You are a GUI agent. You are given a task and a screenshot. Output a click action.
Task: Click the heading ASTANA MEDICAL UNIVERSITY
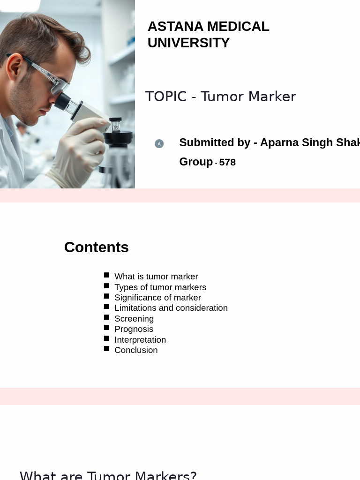pyautogui.click(x=208, y=35)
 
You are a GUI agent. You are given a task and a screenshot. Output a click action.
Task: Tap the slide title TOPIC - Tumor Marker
pyautogui.click(x=220, y=97)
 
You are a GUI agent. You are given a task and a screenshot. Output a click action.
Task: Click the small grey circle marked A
pyautogui.click(x=159, y=144)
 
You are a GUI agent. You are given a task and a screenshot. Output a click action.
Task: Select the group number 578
pyautogui.click(x=227, y=163)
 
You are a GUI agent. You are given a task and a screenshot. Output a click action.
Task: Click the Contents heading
pyautogui.click(x=96, y=247)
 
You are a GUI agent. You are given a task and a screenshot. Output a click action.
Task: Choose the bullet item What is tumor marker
pyautogui.click(x=156, y=277)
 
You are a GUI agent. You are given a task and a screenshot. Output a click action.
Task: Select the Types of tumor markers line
pyautogui.click(x=160, y=287)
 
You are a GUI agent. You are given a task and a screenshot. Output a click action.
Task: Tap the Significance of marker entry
pyautogui.click(x=157, y=298)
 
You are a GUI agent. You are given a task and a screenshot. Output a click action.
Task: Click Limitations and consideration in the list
pyautogui.click(x=171, y=308)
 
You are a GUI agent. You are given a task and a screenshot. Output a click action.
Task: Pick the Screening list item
pyautogui.click(x=134, y=319)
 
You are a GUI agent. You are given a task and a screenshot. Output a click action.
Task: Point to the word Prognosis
pyautogui.click(x=134, y=329)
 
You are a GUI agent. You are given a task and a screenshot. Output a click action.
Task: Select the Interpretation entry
pyautogui.click(x=140, y=340)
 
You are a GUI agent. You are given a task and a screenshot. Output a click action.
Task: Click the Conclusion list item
pyautogui.click(x=136, y=350)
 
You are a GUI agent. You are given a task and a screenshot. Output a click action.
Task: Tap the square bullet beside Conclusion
pyautogui.click(x=106, y=349)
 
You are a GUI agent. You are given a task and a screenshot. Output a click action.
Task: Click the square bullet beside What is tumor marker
pyautogui.click(x=106, y=275)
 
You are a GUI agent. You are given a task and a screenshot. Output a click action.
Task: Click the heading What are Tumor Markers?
pyautogui.click(x=108, y=475)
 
